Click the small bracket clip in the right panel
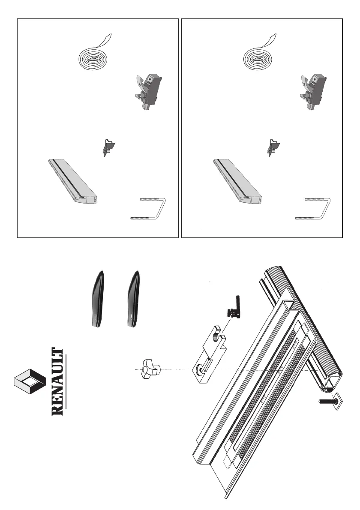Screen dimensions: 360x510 [273, 147]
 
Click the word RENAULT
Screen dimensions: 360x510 [58, 382]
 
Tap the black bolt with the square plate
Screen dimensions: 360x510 [327, 402]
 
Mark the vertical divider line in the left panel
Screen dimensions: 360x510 [38, 129]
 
